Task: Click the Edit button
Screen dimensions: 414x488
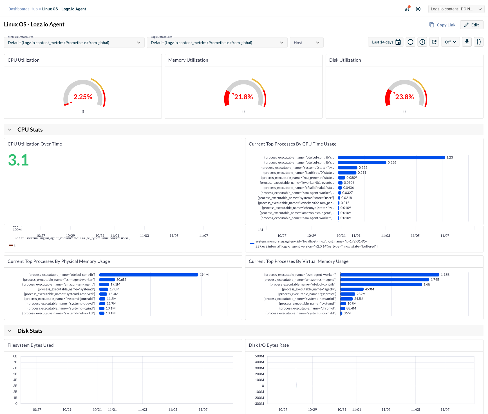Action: pyautogui.click(x=471, y=25)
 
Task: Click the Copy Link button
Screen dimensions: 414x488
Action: pyautogui.click(x=442, y=25)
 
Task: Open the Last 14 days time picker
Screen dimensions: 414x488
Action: pyautogui.click(x=386, y=42)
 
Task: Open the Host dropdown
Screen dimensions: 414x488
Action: pyautogui.click(x=306, y=42)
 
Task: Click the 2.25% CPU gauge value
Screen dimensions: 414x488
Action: pyautogui.click(x=83, y=97)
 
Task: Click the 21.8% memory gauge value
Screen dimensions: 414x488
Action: pyautogui.click(x=243, y=97)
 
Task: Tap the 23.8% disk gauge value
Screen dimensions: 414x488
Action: pyautogui.click(x=404, y=97)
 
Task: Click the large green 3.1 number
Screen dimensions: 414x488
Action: pyautogui.click(x=19, y=160)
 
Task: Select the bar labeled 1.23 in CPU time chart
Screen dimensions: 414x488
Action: pyautogui.click(x=391, y=158)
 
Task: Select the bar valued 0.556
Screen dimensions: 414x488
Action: pyautogui.click(x=362, y=163)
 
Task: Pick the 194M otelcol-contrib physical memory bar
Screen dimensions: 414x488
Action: pyautogui.click(x=149, y=275)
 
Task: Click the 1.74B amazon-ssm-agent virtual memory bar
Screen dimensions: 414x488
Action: pyautogui.click(x=384, y=279)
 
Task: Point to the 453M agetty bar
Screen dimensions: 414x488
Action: pyautogui.click(x=352, y=289)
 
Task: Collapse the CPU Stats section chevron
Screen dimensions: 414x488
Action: pyautogui.click(x=10, y=129)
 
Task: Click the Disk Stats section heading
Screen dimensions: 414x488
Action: pyautogui.click(x=30, y=331)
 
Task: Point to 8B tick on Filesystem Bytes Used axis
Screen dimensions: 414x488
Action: pyautogui.click(x=15, y=356)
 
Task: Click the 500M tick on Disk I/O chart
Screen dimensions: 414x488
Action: pyautogui.click(x=259, y=356)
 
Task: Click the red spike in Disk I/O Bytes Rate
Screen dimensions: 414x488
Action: pyautogui.click(x=296, y=374)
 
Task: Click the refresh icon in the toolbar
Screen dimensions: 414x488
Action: pyautogui.click(x=434, y=42)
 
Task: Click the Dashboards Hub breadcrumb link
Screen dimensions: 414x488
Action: pyautogui.click(x=23, y=9)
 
